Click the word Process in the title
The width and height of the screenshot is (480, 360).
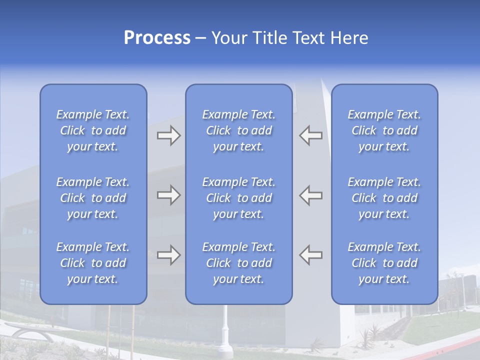tap(157, 38)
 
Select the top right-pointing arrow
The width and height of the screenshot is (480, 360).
tap(168, 135)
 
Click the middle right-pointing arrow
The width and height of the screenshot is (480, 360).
tap(168, 195)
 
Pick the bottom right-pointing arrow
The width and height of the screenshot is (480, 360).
tap(168, 255)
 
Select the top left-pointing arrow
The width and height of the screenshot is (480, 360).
tap(310, 135)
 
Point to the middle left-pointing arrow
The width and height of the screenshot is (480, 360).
tap(310, 195)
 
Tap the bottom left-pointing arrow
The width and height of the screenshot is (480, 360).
tap(310, 255)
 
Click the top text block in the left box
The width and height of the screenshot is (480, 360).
tap(93, 130)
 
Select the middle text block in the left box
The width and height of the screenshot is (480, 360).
tap(93, 198)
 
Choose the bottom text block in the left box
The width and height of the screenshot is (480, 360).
tap(93, 263)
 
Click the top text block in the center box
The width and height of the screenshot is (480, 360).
tap(238, 130)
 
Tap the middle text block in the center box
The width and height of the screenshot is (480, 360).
tap(238, 198)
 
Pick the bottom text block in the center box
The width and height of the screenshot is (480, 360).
tap(238, 263)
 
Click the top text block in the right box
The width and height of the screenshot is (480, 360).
tap(384, 130)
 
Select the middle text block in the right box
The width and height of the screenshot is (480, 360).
tap(384, 198)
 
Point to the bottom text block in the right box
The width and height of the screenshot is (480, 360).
tap(384, 263)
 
